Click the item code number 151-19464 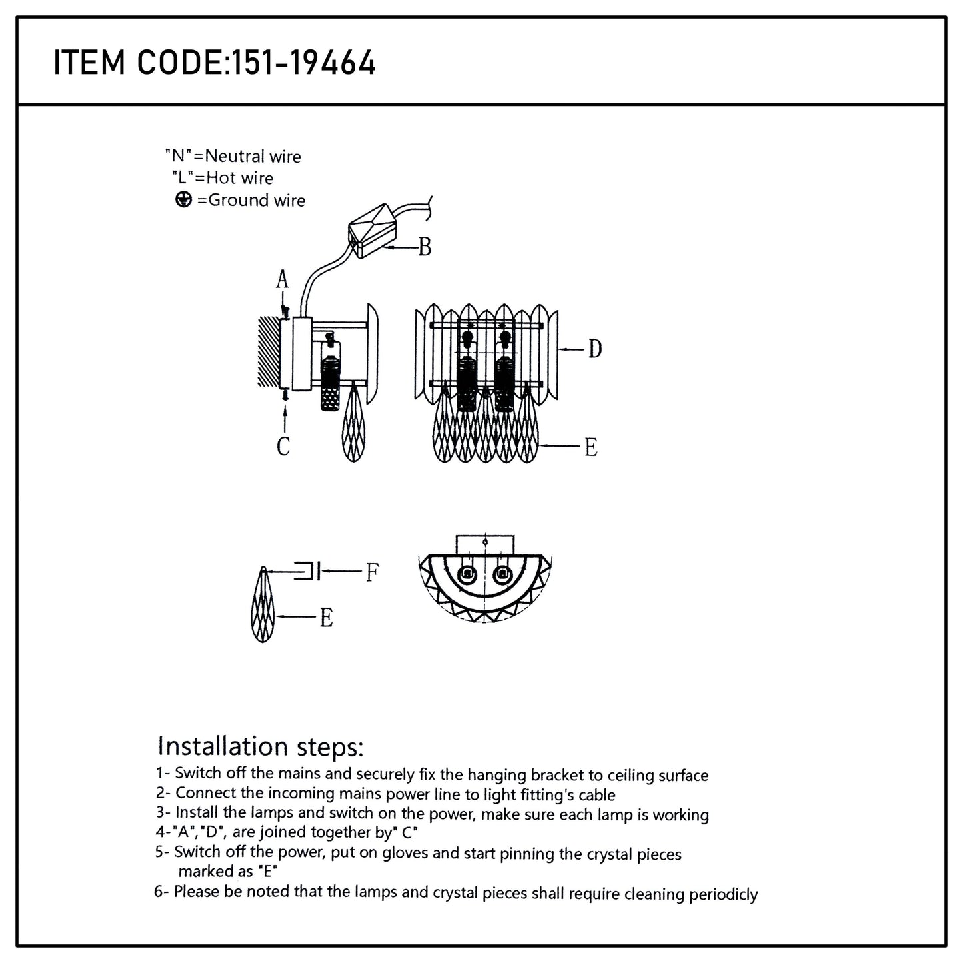click(303, 63)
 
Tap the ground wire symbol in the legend click(183, 200)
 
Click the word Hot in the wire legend click(222, 178)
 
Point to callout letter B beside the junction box click(425, 247)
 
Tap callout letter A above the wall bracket click(283, 281)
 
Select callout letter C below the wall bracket click(283, 446)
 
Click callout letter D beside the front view click(594, 348)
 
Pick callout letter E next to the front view click(590, 447)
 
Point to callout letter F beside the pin click(372, 572)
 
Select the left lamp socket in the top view click(467, 574)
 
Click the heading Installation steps click(261, 746)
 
